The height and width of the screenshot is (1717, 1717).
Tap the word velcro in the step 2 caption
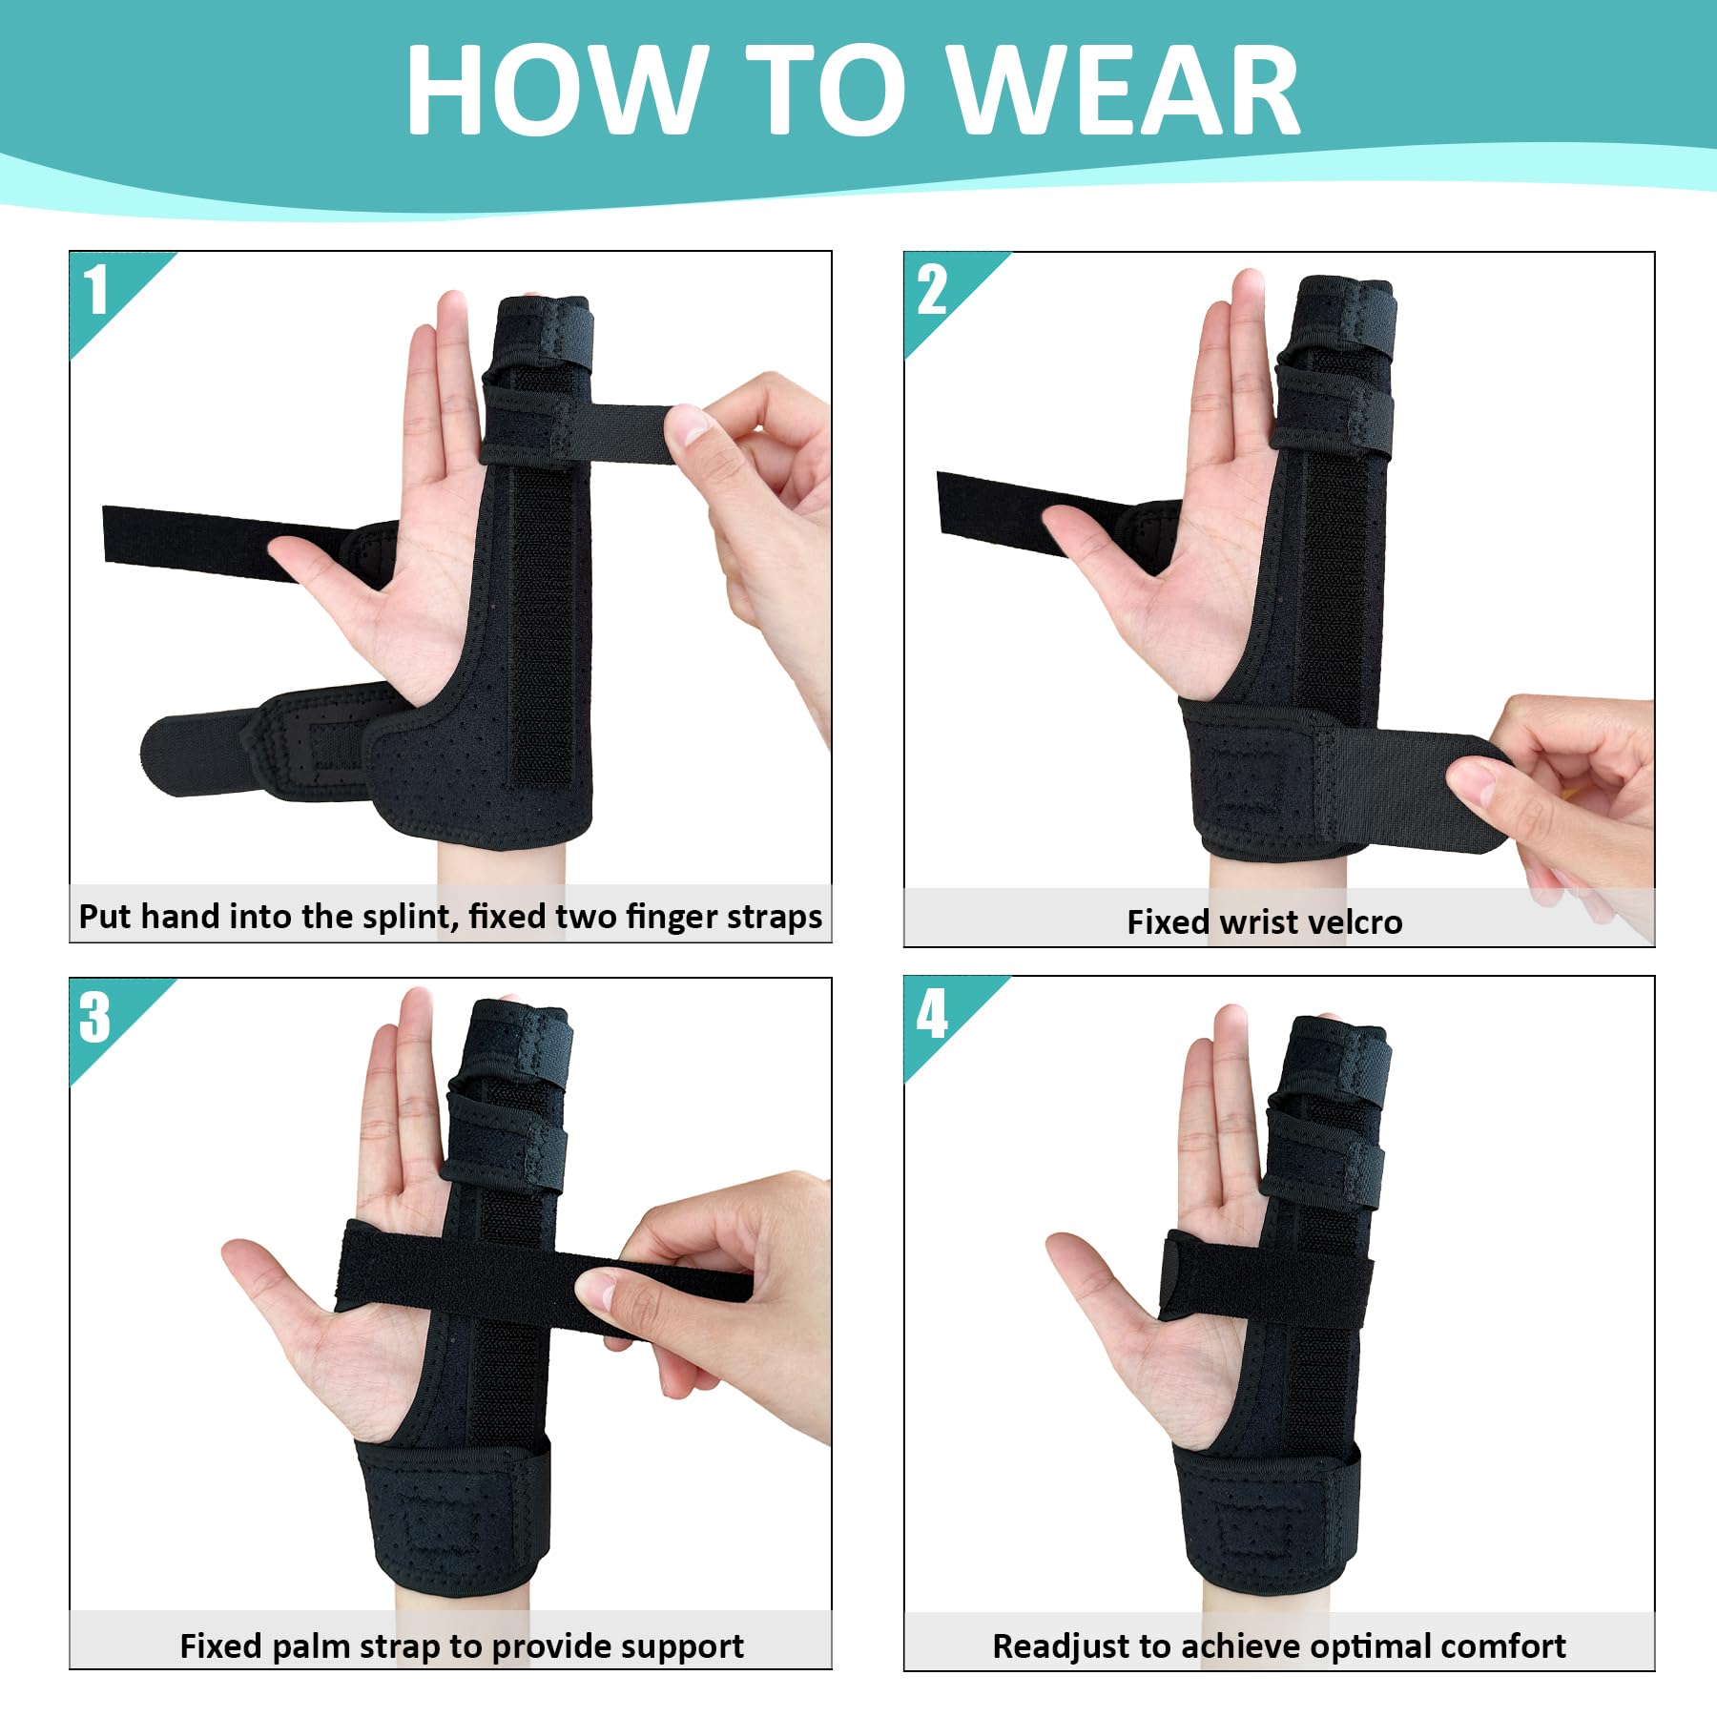tap(1357, 922)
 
